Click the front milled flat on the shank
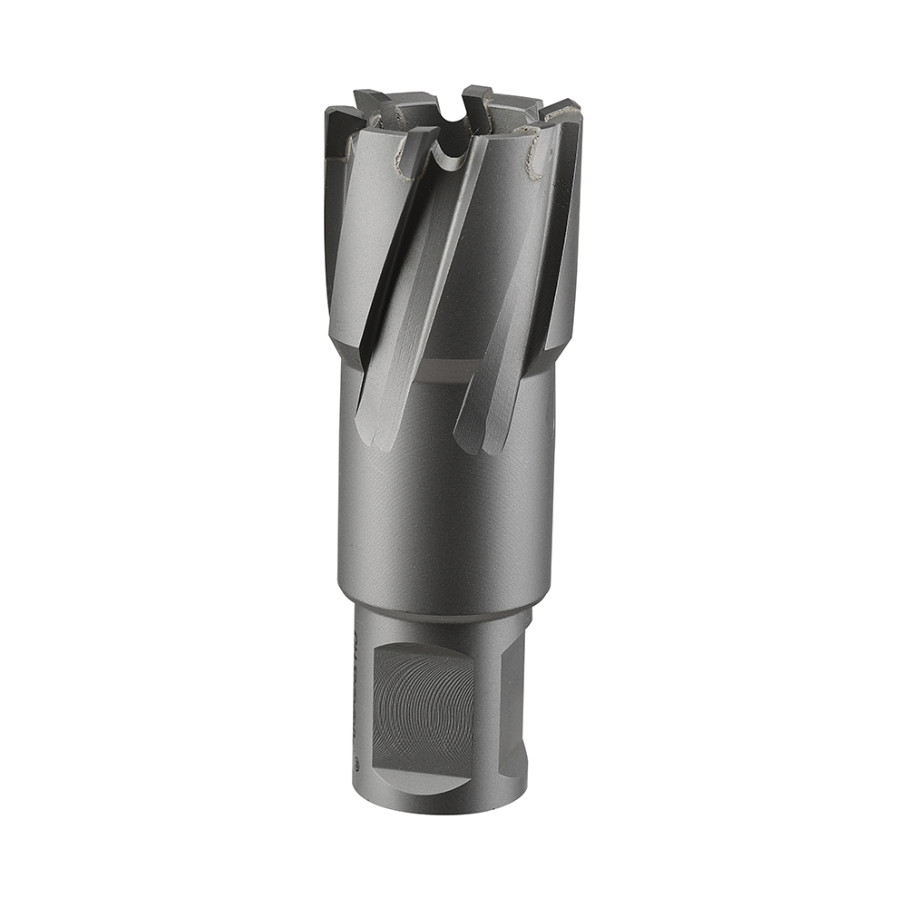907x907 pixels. click(x=423, y=703)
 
